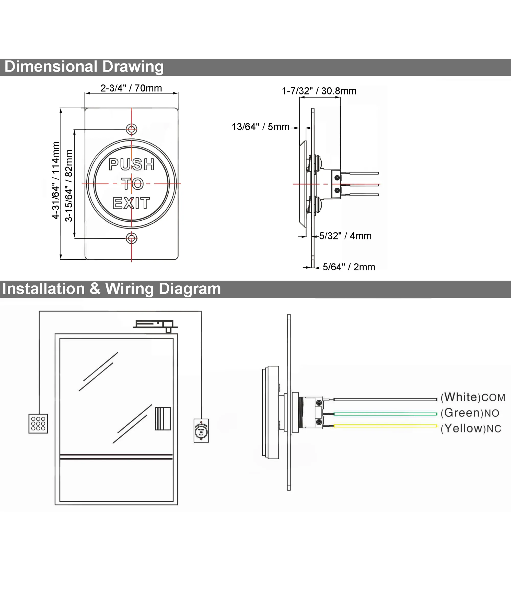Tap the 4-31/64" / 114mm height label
click(x=56, y=180)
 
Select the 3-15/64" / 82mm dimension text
click(x=69, y=186)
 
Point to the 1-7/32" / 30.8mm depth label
click(x=319, y=91)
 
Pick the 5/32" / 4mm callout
click(x=345, y=236)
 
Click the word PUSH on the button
click(x=132, y=164)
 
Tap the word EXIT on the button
click(x=131, y=203)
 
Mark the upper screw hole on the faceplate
click(x=132, y=129)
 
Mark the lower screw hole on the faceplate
click(x=132, y=238)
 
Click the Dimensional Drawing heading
click(x=84, y=67)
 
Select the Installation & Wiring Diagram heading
click(x=112, y=289)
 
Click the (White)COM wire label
click(x=473, y=397)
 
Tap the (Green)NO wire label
click(x=470, y=413)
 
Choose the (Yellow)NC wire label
click(x=471, y=428)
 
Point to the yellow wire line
click(x=385, y=426)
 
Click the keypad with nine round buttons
click(x=38, y=423)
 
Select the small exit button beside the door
click(x=201, y=430)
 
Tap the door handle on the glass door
click(x=163, y=419)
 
